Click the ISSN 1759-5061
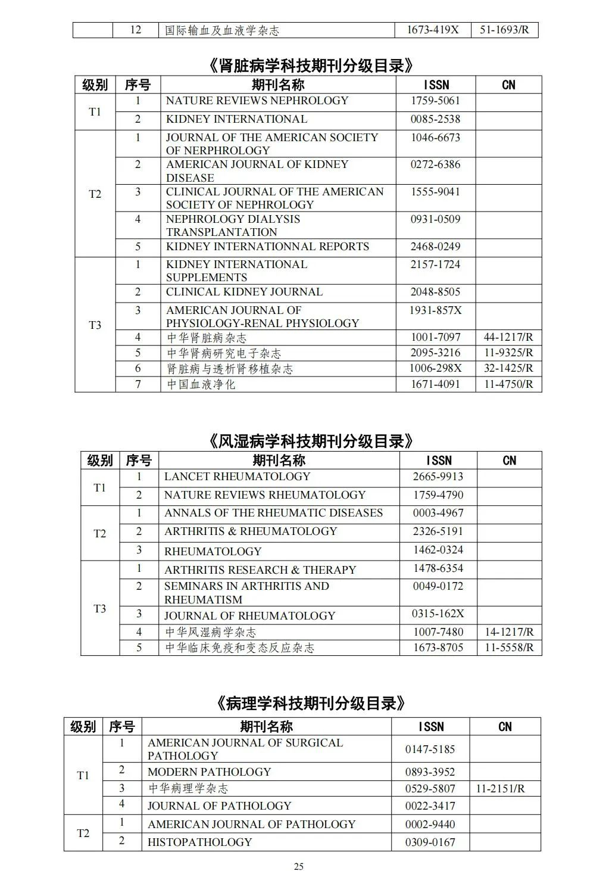point(435,101)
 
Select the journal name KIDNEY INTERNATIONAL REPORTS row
point(267,247)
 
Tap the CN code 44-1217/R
point(508,337)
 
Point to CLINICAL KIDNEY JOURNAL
point(244,292)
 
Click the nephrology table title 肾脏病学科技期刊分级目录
point(312,65)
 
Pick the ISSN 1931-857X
point(435,310)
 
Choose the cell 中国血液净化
point(201,384)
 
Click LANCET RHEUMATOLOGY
point(237,477)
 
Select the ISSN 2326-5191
point(438,531)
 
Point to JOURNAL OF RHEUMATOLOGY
point(249,615)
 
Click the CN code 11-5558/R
point(509,648)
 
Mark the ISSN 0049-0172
point(438,586)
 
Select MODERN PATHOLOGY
point(209,772)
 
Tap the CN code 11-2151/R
point(500,789)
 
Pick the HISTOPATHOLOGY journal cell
point(199,842)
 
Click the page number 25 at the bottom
point(299,866)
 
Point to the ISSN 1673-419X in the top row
point(433,29)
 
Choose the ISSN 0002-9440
point(430,825)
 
